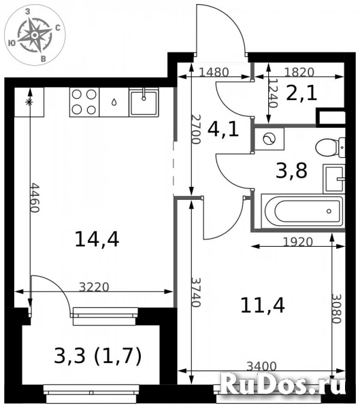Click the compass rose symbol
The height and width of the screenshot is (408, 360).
pos(34,35)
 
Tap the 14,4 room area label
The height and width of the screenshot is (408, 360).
pos(97,239)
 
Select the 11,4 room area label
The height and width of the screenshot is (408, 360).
pos(262,305)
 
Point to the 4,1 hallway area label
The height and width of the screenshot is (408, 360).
pos(223,129)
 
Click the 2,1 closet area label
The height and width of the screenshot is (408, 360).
pos(301,93)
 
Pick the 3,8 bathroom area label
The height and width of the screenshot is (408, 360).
pos(291,171)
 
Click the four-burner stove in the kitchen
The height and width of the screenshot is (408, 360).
pos(84,102)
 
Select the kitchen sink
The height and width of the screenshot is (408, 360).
pos(144,102)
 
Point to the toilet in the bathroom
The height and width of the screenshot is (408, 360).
pos(330,148)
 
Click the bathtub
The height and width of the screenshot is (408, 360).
pos(304,211)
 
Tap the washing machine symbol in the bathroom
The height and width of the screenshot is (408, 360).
pos(269,139)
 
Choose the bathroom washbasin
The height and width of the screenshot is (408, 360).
pos(334,179)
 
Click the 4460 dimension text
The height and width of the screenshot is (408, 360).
pos(35,197)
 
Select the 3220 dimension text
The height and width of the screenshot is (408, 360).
pos(94,287)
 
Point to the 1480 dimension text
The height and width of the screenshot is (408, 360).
pos(214,72)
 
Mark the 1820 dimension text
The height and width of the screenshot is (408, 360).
pos(299,72)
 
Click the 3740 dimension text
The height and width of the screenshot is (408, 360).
pos(196,292)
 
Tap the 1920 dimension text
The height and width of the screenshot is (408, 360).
pos(298,242)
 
